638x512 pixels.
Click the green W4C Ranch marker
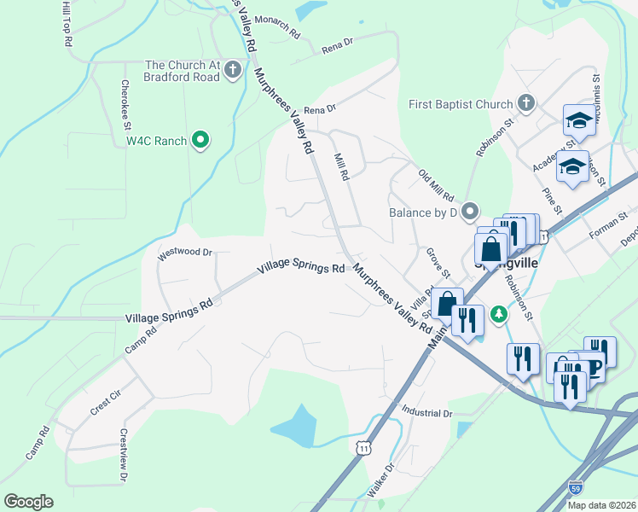pyautogui.click(x=200, y=140)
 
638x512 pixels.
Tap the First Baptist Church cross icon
pyautogui.click(x=526, y=105)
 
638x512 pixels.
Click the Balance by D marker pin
pyautogui.click(x=469, y=212)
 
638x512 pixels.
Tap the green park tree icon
pyautogui.click(x=499, y=315)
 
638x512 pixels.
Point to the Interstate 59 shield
pyautogui.click(x=577, y=487)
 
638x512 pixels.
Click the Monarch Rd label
pyautogui.click(x=278, y=28)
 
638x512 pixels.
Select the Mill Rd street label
pyautogui.click(x=341, y=166)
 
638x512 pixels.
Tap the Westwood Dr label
pyautogui.click(x=184, y=253)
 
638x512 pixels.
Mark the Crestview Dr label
pyautogui.click(x=123, y=455)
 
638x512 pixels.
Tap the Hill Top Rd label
pyautogui.click(x=67, y=23)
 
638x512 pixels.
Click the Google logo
pyautogui.click(x=28, y=502)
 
